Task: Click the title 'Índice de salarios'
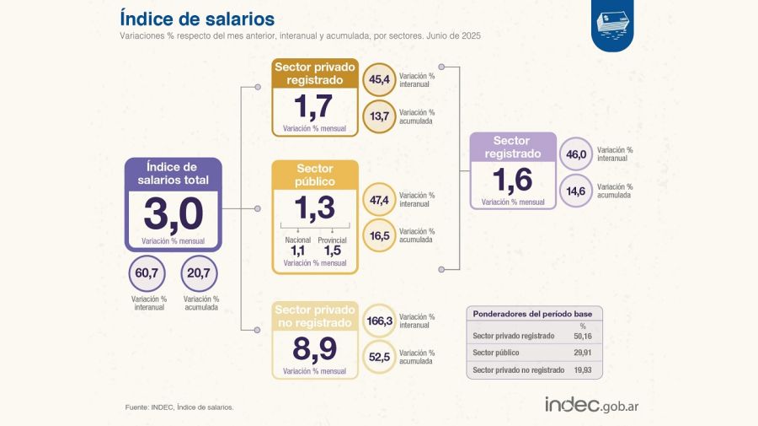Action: pos(196,18)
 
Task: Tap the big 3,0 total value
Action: pos(173,214)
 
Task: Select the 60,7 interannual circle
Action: pos(148,273)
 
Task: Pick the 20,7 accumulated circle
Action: pos(200,273)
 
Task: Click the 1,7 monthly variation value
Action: pos(313,106)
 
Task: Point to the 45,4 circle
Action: pos(378,80)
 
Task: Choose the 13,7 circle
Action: pos(378,116)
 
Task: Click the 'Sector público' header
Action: pos(315,175)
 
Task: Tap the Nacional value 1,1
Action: pos(297,251)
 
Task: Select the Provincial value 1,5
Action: pos(332,251)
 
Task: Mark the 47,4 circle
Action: pos(378,200)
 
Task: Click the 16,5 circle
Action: pos(378,236)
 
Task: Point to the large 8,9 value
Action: pos(313,348)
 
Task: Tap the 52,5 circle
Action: pos(378,357)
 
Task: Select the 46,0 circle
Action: pos(576,154)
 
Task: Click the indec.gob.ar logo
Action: pos(591,406)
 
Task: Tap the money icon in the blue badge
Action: pos(611,24)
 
